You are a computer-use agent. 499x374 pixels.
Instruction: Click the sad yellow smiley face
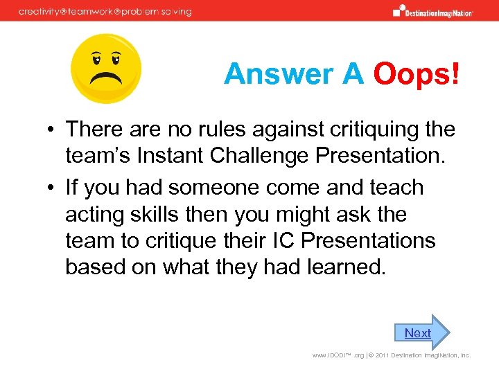(x=107, y=68)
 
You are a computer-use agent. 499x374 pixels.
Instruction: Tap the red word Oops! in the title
(x=416, y=74)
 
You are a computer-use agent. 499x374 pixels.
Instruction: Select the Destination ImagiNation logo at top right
(x=432, y=10)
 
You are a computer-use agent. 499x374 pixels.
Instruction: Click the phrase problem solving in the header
(x=159, y=11)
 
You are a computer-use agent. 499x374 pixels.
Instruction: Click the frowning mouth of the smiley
(x=107, y=77)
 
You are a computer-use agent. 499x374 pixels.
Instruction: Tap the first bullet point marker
(x=53, y=130)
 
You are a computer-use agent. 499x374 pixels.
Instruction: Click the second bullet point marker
(x=53, y=188)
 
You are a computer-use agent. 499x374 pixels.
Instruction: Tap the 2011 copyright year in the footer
(x=364, y=355)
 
